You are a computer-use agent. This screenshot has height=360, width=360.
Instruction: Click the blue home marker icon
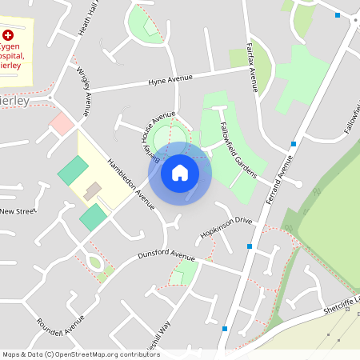[180, 172]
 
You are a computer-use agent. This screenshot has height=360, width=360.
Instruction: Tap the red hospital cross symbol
[8, 36]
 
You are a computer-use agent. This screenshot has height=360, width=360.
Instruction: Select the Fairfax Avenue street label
[252, 69]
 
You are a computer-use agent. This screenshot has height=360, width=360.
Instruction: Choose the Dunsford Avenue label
[166, 256]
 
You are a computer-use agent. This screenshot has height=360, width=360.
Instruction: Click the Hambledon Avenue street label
[131, 181]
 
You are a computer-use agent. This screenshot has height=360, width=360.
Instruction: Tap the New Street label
[18, 211]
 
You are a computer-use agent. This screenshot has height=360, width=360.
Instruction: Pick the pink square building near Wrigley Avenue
[62, 123]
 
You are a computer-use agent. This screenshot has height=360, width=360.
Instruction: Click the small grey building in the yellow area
[93, 190]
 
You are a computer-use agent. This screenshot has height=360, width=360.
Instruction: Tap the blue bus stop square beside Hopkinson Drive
[250, 246]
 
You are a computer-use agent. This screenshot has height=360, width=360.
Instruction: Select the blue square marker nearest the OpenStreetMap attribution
[225, 328]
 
